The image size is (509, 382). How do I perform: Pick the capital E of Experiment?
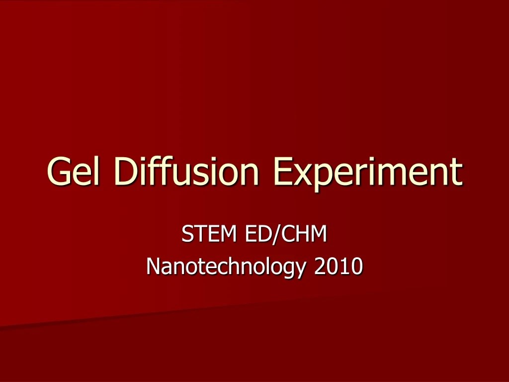tap(282, 172)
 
